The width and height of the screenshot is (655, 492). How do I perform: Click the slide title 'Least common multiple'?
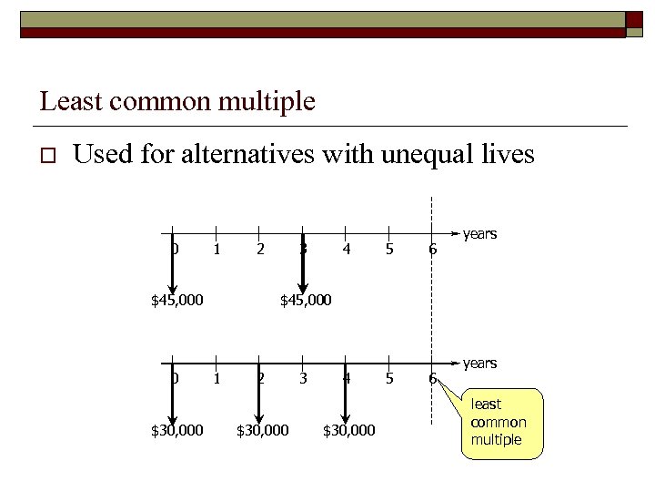[x=177, y=101]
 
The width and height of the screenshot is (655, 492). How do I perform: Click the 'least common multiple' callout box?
[x=498, y=422]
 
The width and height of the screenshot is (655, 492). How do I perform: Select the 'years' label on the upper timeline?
[x=479, y=234]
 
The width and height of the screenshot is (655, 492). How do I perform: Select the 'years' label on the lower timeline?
[x=479, y=364]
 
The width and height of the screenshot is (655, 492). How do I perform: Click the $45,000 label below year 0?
[x=176, y=299]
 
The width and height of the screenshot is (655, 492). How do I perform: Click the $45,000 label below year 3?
[x=306, y=299]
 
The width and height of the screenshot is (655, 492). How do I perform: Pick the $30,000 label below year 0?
[x=176, y=429]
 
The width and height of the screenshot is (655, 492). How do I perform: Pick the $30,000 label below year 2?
[x=263, y=429]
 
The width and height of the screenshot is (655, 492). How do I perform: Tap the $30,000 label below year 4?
[x=349, y=429]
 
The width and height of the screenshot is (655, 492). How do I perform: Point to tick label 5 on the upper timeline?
[x=389, y=249]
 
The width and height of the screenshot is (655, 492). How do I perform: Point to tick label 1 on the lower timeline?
[x=217, y=378]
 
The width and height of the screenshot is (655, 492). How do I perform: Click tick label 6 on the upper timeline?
[x=432, y=249]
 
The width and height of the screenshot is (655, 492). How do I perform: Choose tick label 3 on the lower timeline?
[x=303, y=378]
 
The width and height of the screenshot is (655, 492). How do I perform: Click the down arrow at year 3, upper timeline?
[x=303, y=264]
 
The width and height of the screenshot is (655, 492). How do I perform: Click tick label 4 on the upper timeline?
[x=346, y=249]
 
